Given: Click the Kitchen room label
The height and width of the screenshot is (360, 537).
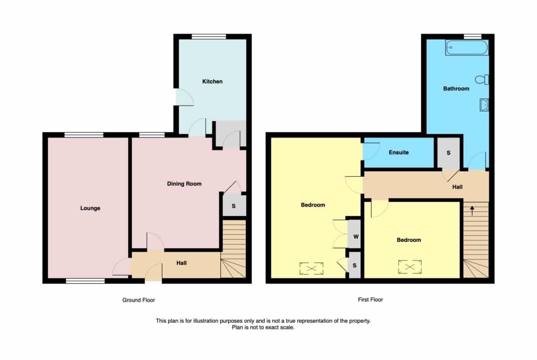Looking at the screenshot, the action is click(213, 82).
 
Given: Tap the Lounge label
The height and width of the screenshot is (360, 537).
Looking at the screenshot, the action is click(90, 208).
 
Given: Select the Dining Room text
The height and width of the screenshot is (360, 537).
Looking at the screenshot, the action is click(184, 184).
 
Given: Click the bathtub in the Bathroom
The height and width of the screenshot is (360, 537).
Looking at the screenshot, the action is click(467, 47).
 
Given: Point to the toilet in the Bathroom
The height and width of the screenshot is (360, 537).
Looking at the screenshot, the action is click(482, 80).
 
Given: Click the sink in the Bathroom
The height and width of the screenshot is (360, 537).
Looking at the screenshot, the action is click(484, 105).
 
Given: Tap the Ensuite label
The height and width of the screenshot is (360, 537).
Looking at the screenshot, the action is click(399, 152).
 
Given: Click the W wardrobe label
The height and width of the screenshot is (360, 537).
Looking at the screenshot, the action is click(356, 237).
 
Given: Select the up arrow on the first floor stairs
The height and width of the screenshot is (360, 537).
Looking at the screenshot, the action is click(472, 210).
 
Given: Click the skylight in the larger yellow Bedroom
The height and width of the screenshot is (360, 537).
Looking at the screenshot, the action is click(311, 269).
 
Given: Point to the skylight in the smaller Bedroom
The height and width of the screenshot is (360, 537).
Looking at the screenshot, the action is click(410, 267).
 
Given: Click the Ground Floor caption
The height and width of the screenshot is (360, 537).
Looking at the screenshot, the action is click(139, 300).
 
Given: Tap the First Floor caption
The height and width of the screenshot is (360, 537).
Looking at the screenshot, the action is click(370, 299).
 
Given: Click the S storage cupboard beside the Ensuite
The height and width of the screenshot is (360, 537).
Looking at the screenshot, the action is click(448, 153).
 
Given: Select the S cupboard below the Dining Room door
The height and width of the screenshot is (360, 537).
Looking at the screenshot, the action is click(234, 205).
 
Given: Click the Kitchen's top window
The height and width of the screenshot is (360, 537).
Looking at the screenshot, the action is click(209, 37).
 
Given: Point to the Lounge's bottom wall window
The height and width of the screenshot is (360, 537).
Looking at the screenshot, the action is click(85, 281).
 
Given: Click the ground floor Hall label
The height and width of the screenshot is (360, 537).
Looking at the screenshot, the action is click(181, 263).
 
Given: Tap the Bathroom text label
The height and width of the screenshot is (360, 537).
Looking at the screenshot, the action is click(456, 89).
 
